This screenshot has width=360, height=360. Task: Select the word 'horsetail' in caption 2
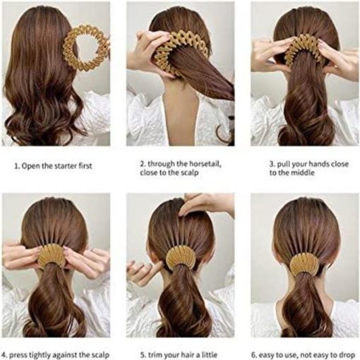click(205, 164)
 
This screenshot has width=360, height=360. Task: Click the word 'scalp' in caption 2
click(189, 173)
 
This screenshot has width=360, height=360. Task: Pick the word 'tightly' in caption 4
click(40, 355)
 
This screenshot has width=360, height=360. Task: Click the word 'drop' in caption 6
click(347, 355)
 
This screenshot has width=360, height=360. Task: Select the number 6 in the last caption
click(253, 355)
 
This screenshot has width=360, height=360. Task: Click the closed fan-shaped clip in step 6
click(302, 263)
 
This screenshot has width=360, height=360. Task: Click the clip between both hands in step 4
click(52, 256)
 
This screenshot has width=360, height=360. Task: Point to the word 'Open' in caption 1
click(30, 166)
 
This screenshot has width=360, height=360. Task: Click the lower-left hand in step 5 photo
click(143, 270)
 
